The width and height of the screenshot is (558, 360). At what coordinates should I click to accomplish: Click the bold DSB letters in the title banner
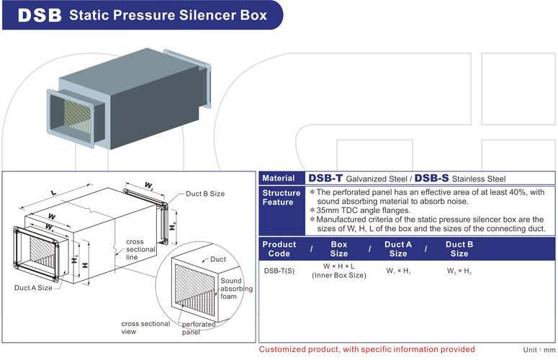click(x=37, y=14)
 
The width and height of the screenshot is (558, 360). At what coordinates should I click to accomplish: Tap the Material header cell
click(x=279, y=178)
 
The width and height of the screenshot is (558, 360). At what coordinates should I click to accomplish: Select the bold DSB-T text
click(x=325, y=178)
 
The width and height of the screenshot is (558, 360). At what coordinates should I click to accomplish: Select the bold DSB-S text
click(x=432, y=178)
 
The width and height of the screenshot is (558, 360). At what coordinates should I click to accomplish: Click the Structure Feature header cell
click(x=282, y=198)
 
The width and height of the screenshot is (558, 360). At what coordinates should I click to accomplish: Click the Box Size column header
click(x=338, y=248)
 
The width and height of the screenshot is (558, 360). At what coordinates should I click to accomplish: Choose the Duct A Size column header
click(x=397, y=248)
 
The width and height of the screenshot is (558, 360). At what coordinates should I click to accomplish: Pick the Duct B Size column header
click(x=459, y=248)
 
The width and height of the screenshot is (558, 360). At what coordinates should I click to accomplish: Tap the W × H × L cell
click(x=338, y=267)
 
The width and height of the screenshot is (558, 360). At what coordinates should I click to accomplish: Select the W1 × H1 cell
click(x=397, y=271)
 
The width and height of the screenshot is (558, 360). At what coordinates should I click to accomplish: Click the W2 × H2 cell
click(x=458, y=271)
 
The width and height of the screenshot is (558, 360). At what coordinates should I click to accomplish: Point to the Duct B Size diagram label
click(x=205, y=194)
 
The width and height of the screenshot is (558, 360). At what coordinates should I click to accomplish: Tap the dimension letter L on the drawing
click(x=55, y=192)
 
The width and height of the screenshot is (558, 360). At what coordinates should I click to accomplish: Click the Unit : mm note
click(x=539, y=350)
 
